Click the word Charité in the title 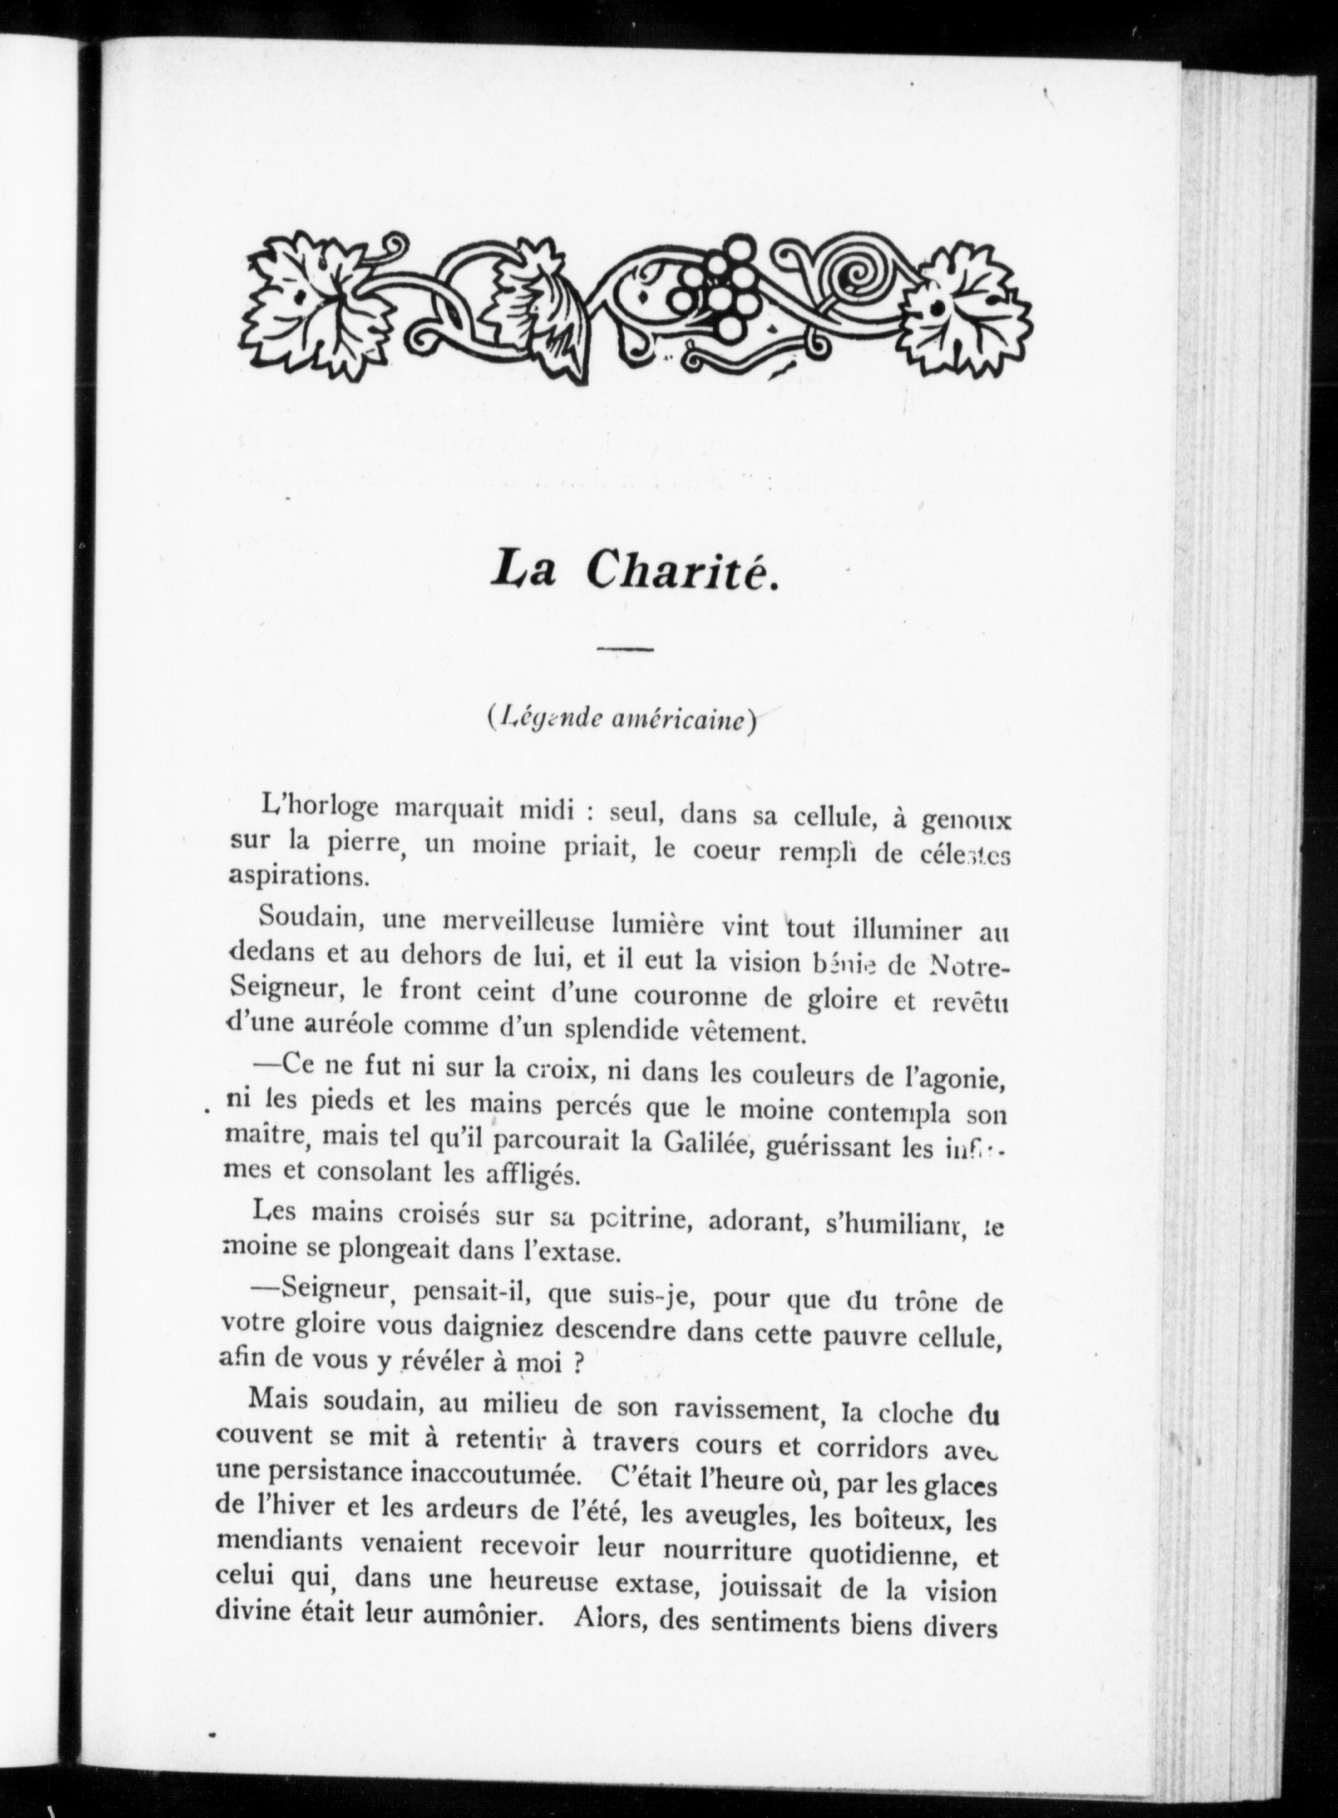pos(684,571)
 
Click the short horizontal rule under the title pos(626,649)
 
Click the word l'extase pos(574,1252)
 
